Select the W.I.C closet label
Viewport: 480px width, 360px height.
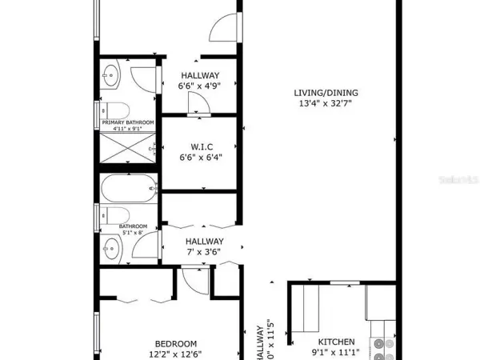200,146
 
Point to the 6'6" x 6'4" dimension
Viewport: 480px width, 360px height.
200,158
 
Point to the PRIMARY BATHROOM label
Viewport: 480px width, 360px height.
127,122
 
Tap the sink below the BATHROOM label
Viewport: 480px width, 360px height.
112,250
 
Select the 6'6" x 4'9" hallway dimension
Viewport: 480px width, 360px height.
199,87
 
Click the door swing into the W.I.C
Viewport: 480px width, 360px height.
197,103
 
